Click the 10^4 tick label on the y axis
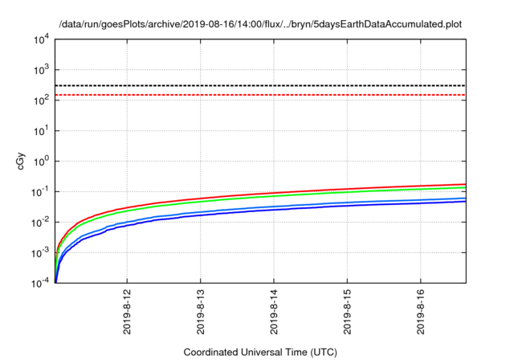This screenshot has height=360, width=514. coord(40,39)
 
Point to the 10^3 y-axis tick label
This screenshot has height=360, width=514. coord(40,69)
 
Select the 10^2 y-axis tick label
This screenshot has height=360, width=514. coord(40,100)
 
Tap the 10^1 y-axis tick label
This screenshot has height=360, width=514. coord(40,130)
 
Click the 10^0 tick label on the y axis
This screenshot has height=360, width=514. coord(40,161)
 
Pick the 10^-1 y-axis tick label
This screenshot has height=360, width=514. coord(39,191)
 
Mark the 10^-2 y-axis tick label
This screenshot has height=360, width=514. coord(39,222)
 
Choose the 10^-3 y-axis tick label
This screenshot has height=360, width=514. coord(39,252)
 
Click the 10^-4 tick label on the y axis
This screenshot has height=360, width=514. coord(39,283)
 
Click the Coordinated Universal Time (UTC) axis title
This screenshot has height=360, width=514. coord(259,352)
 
